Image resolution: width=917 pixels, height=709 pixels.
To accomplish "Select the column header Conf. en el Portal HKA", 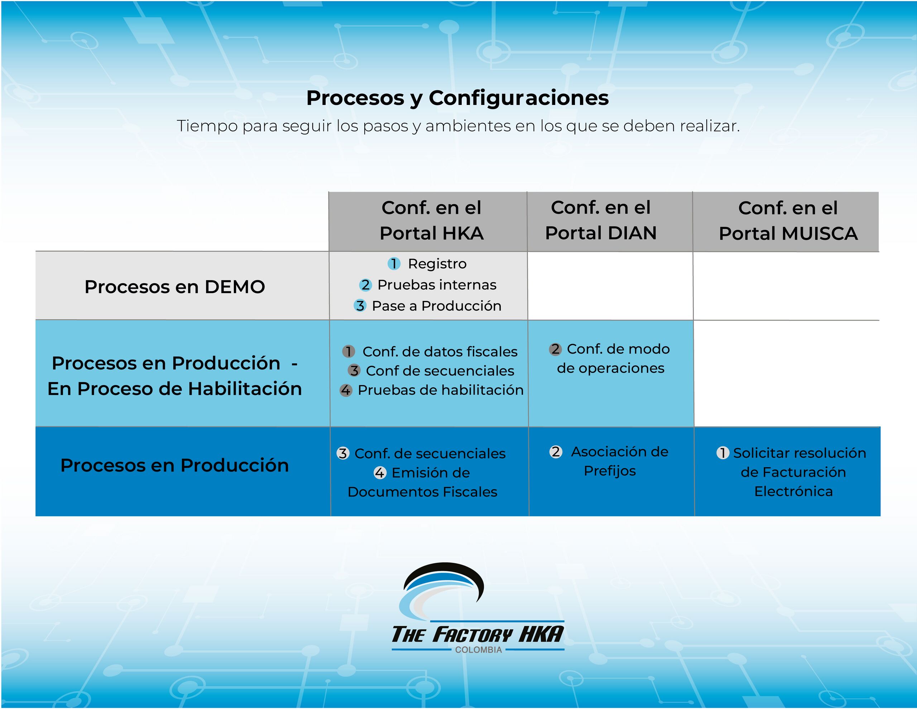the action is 432,221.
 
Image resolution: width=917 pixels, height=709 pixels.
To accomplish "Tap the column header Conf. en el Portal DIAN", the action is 601,221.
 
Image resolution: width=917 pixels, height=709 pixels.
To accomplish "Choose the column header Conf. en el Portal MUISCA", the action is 788,221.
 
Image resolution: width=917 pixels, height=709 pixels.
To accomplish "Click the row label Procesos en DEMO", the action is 175,287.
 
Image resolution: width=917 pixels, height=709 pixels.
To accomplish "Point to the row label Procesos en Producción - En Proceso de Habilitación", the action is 175,376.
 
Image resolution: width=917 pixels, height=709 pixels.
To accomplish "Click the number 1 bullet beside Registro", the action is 394,263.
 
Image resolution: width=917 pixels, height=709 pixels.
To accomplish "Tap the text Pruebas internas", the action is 437,285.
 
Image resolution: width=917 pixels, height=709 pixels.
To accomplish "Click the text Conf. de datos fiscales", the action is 440,351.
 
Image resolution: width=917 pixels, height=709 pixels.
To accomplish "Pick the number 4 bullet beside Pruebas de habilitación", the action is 346,390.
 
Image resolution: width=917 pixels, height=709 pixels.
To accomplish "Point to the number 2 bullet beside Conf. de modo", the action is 555,349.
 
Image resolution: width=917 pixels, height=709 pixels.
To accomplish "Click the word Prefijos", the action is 610,471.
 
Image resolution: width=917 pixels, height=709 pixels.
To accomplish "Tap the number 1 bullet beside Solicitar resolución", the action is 722,453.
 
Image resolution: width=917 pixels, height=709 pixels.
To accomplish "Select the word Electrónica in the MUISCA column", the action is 793,492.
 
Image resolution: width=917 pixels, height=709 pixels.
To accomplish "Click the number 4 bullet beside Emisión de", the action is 380,473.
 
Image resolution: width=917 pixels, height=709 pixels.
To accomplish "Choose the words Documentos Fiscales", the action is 422,492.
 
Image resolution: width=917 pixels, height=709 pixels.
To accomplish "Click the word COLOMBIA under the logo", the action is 478,650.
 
